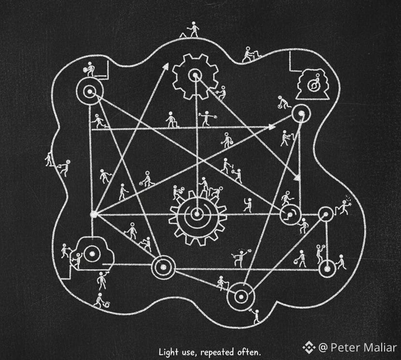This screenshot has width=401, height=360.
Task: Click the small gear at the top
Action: (x=195, y=75)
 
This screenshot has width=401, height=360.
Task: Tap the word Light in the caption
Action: (x=167, y=350)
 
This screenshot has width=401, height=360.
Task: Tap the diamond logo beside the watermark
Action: (x=309, y=347)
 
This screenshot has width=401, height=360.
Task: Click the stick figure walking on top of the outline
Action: (x=193, y=29)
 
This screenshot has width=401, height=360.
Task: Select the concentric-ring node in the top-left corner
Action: (x=89, y=91)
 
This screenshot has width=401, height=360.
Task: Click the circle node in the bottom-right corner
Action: (x=327, y=268)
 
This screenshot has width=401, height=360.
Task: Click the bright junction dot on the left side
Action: (x=94, y=213)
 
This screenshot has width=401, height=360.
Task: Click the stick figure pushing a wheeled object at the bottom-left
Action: (x=101, y=300)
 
